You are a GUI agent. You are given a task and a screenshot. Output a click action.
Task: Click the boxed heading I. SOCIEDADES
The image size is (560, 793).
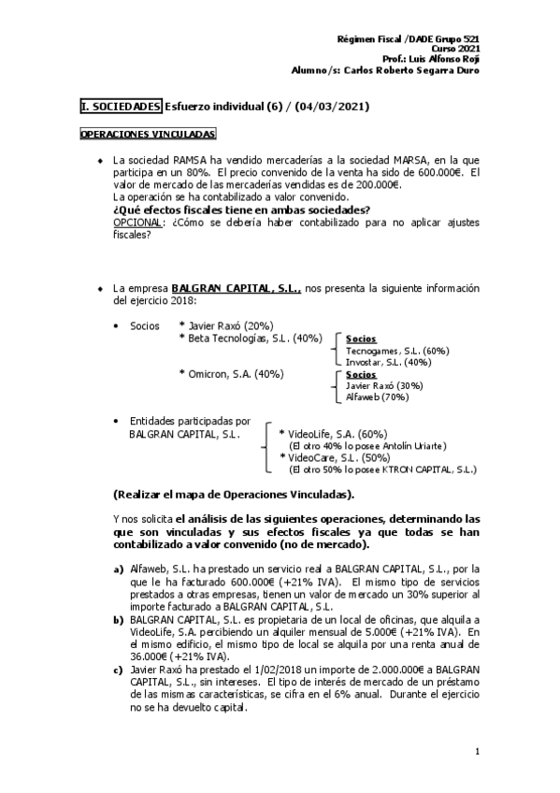pos(121,107)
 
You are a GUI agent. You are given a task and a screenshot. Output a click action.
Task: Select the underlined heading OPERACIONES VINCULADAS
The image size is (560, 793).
pos(148,135)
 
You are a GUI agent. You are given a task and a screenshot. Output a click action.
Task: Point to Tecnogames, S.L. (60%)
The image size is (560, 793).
pos(384,350)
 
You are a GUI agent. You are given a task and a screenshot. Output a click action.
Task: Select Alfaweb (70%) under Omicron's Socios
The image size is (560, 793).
pos(372,396)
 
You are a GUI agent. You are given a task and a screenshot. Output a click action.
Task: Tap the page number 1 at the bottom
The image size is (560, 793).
pos(477,752)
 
